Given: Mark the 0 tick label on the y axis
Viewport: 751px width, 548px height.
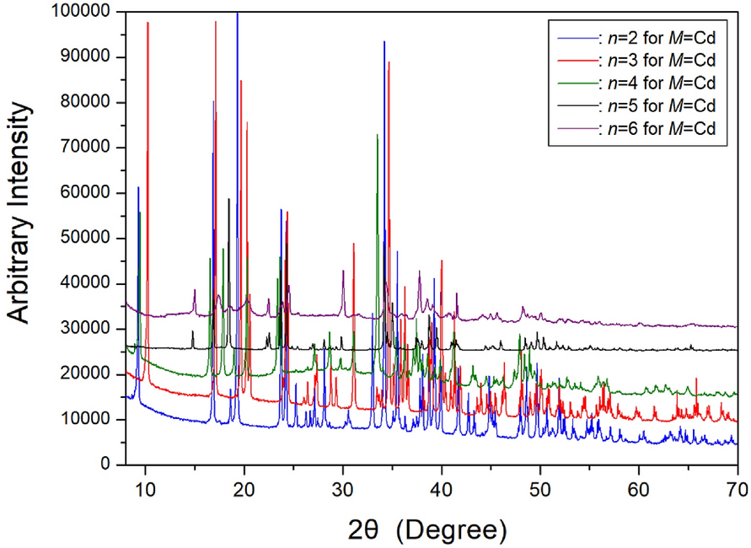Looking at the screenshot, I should pyautogui.click(x=108, y=465).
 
